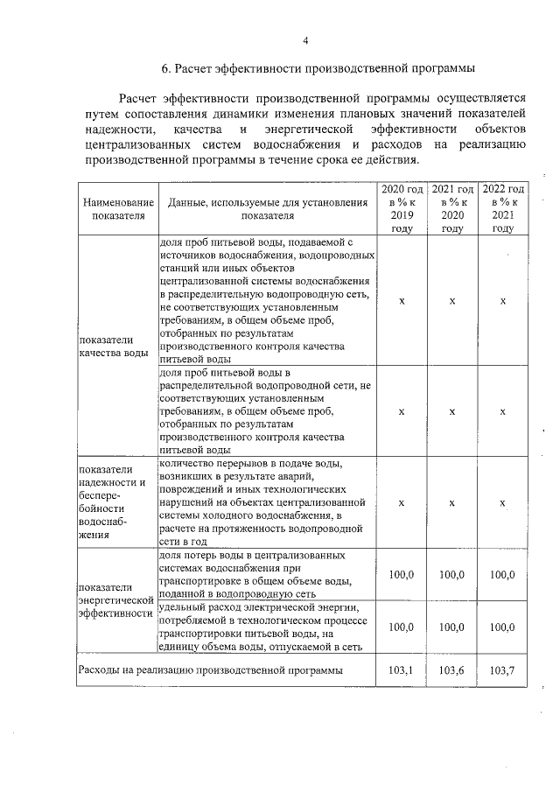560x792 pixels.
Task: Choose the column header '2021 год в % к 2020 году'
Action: tap(452, 209)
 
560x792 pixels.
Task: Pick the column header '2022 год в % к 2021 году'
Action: tap(503, 209)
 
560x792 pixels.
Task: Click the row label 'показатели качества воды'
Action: tap(113, 347)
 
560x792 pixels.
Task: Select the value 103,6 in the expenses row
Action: tap(452, 670)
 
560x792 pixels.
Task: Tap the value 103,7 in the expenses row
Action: tap(503, 670)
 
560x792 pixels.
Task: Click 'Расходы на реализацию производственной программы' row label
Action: tap(209, 670)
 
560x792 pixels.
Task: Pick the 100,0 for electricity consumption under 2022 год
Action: tap(503, 627)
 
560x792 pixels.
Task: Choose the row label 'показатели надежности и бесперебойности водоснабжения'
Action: tap(113, 502)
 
